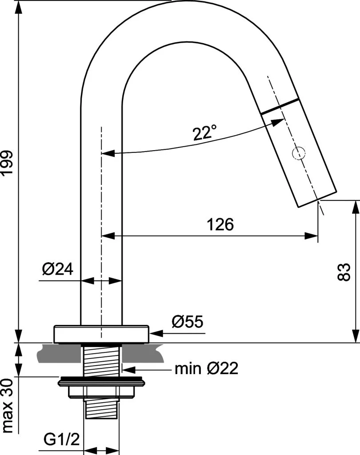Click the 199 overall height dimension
(x=7, y=162)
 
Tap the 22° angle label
(x=204, y=132)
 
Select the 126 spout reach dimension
(x=220, y=224)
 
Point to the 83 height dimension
(x=344, y=272)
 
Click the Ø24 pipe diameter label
(x=57, y=269)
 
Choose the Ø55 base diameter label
(x=188, y=321)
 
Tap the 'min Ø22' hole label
(x=206, y=368)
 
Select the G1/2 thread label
(x=61, y=440)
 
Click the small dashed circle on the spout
(x=299, y=153)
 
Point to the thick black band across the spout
(x=280, y=107)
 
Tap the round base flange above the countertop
(x=101, y=334)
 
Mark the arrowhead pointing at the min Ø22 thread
(x=129, y=370)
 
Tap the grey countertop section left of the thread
(x=59, y=353)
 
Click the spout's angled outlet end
(x=318, y=199)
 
